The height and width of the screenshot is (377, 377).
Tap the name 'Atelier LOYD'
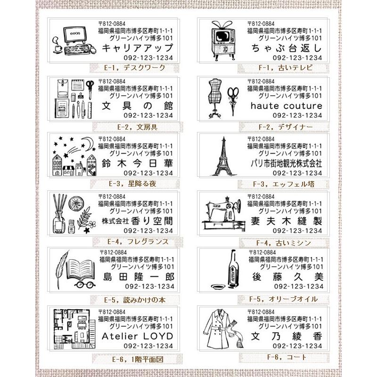[x=137, y=336]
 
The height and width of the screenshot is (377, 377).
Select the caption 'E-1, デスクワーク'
[x=135, y=68]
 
